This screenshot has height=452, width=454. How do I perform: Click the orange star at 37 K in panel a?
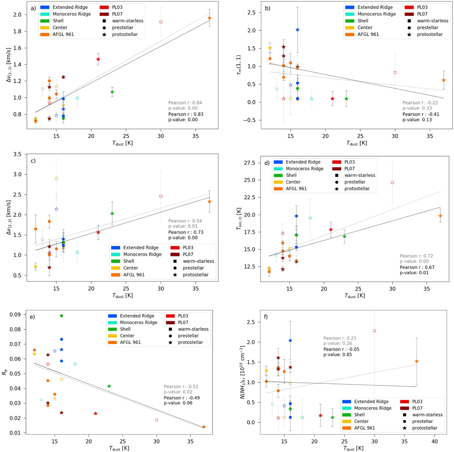pyautogui.click(x=209, y=18)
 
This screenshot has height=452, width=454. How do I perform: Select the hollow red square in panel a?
pyautogui.click(x=161, y=22)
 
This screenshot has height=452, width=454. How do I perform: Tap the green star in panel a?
pyautogui.click(x=112, y=92)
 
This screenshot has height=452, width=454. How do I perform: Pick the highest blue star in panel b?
pyautogui.click(x=297, y=30)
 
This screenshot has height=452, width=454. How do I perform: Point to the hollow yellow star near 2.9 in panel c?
pyautogui.click(x=56, y=179)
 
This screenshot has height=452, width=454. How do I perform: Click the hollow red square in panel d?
pyautogui.click(x=392, y=183)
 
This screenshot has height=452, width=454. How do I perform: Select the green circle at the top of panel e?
pyautogui.click(x=62, y=316)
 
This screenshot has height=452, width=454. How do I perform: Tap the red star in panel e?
pyautogui.click(x=95, y=413)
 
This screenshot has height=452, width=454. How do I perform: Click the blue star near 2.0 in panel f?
pyautogui.click(x=290, y=340)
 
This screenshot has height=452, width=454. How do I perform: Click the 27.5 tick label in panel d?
pyautogui.click(x=255, y=163)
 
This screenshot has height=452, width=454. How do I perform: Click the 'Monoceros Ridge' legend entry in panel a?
pyautogui.click(x=72, y=14)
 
